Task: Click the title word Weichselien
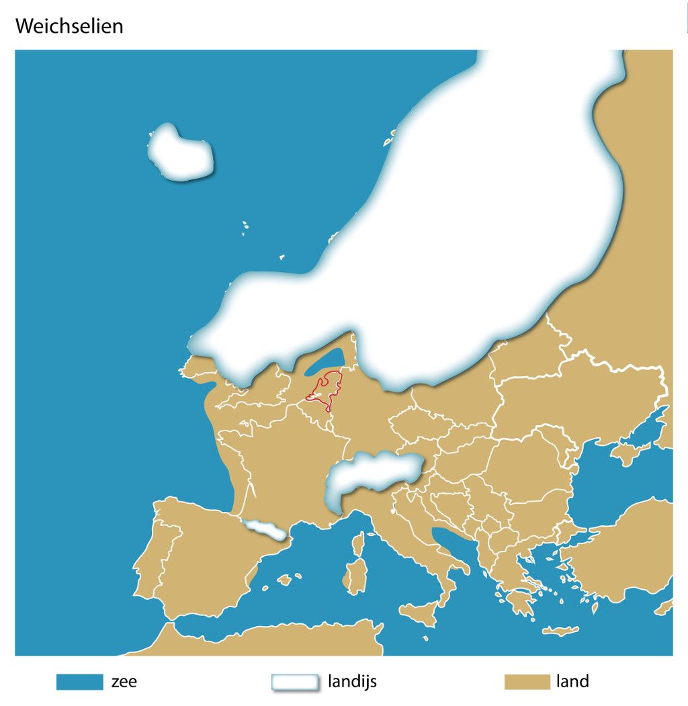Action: coord(69,26)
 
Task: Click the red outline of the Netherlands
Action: coord(324,390)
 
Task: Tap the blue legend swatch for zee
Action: coord(79,682)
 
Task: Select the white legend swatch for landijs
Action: coord(294,682)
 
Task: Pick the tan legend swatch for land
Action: coord(527,682)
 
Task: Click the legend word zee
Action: coord(124,682)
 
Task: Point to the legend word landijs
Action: coord(352,682)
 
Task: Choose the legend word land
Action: coord(572,682)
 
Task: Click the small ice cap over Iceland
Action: coord(179,154)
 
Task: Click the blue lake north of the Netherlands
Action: coord(325,363)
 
